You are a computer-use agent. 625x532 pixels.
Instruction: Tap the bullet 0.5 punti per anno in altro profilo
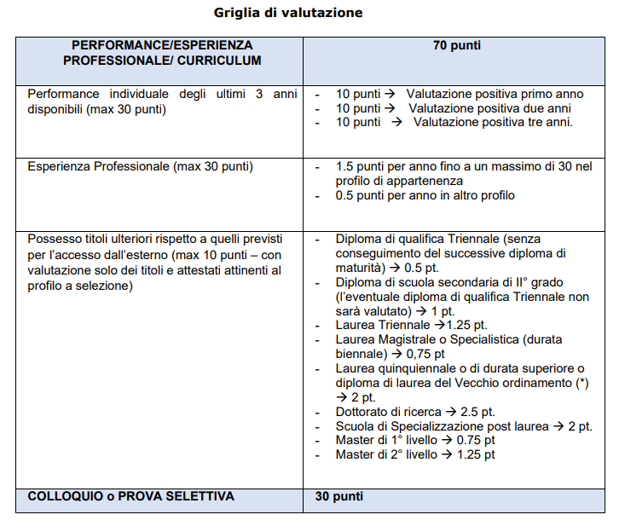tap(425, 195)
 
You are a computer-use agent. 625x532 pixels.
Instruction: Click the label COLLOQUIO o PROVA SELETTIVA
tap(131, 496)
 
